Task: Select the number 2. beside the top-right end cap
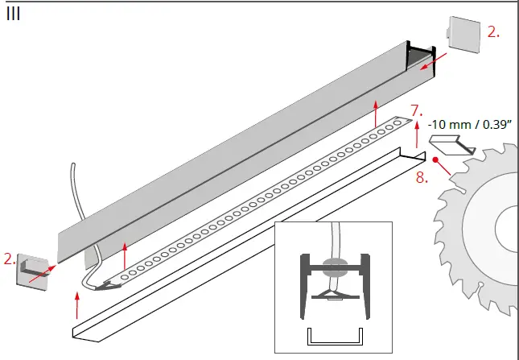(493, 32)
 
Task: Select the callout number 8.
(422, 176)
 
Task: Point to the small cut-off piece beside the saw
(450, 145)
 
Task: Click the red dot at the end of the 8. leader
(436, 160)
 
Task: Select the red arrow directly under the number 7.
(417, 134)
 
